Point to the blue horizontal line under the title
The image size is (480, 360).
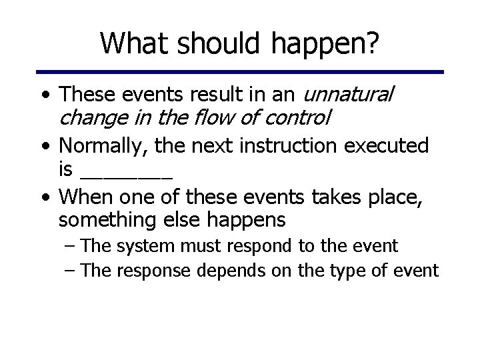tap(239, 71)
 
